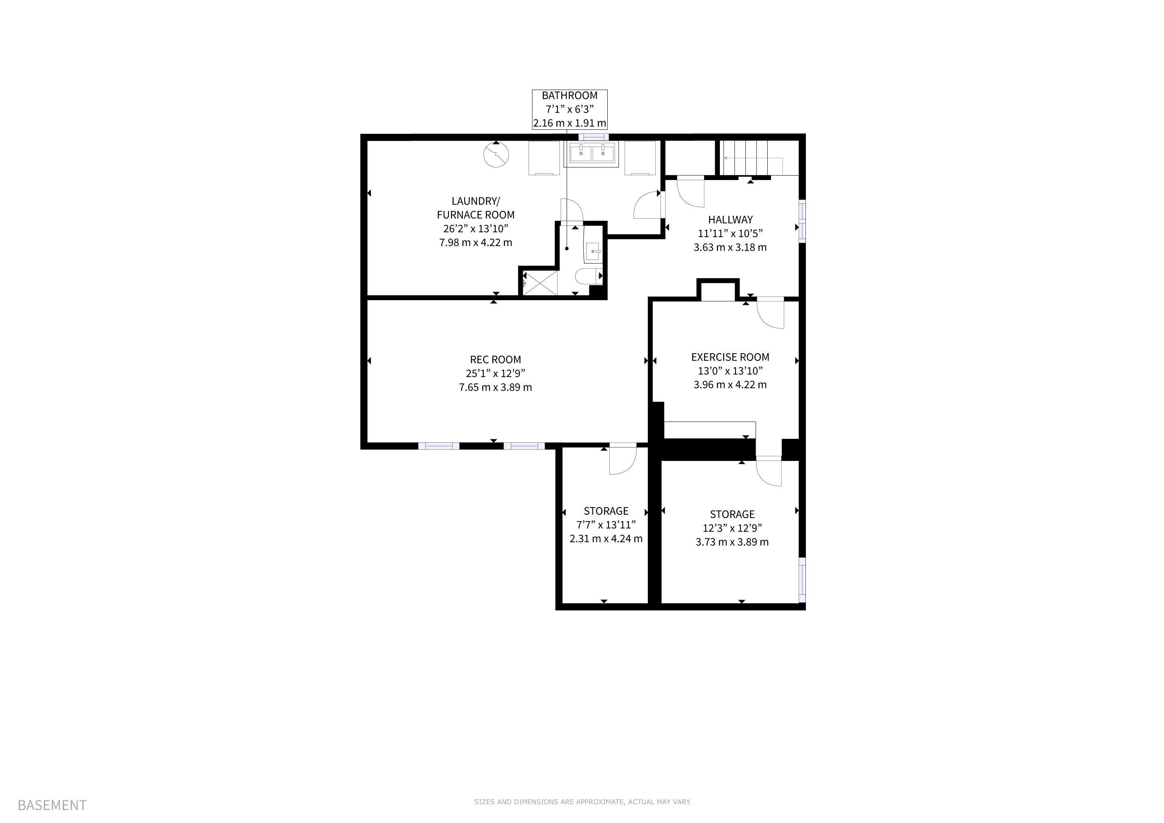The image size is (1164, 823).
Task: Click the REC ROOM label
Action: pos(495,360)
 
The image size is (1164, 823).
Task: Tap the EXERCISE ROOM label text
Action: pos(730,357)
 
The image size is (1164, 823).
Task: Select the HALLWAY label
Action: pos(730,220)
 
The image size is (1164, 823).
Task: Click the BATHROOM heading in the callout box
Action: pos(569,96)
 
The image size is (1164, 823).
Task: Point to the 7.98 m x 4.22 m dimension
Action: pos(475,243)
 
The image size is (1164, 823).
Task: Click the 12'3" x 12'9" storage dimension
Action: pos(732,528)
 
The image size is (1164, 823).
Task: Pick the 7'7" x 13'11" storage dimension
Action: pos(606,525)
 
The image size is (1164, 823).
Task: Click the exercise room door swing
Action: pos(771,314)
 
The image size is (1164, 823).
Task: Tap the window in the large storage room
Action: pos(802,580)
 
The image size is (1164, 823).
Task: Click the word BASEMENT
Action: pos(52,805)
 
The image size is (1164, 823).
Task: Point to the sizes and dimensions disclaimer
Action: pos(582,802)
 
